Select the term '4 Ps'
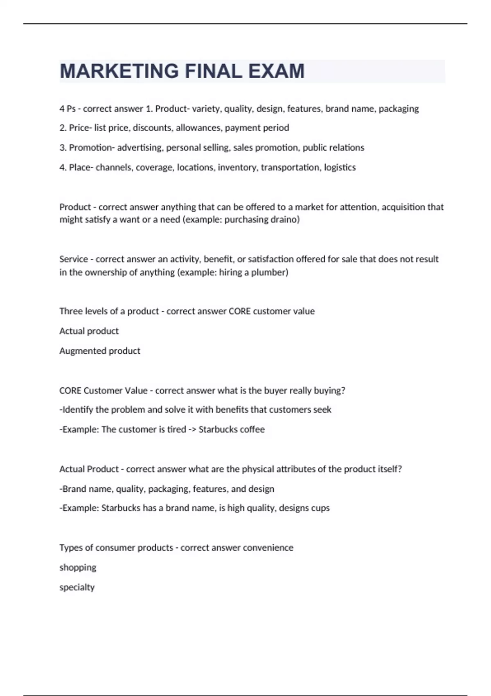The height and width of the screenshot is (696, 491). pos(67,108)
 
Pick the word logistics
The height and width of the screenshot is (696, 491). pos(340,167)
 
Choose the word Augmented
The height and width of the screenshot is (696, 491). pos(79,351)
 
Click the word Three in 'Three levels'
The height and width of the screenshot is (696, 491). pos(70,311)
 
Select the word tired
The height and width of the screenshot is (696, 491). pos(177,429)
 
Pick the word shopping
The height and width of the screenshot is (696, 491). pos(78,567)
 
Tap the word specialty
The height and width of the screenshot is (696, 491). pos(77,587)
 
